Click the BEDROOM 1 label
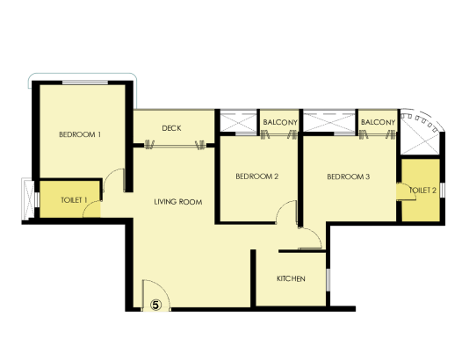coord(80,134)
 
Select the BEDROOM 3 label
coord(349,177)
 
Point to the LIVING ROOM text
coord(178,202)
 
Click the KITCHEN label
coord(291,279)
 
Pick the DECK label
coord(172,128)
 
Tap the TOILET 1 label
coord(75,200)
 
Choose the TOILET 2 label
coord(423,190)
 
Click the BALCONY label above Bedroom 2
coord(281,122)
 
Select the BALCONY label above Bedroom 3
coord(378,122)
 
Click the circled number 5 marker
coord(155,305)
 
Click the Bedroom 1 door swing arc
coord(112,180)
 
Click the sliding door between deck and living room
coord(174,144)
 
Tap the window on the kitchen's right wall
coord(328,279)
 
